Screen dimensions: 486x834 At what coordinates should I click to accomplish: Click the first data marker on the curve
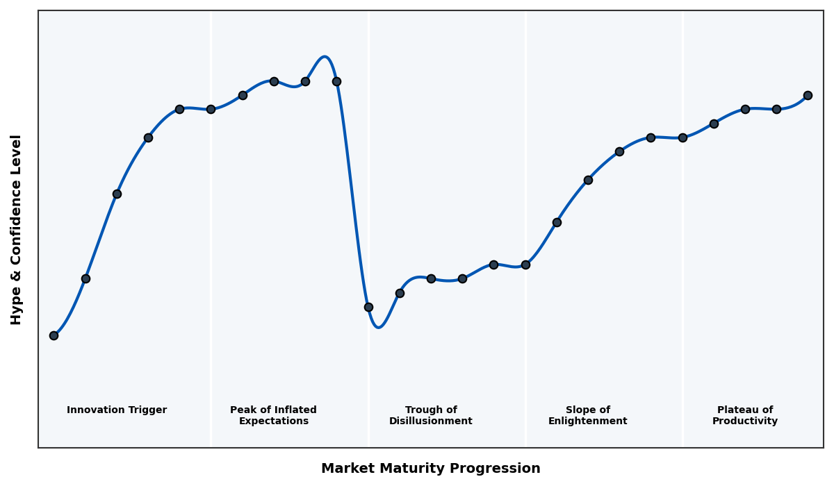click(54, 335)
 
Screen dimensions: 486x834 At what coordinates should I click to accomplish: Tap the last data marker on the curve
click(808, 95)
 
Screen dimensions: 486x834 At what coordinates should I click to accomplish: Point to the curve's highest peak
click(325, 57)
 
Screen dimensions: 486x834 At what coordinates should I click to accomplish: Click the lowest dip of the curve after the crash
click(378, 327)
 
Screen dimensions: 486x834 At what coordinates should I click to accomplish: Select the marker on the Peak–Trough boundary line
click(368, 307)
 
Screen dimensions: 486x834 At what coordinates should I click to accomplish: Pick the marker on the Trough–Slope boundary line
click(525, 265)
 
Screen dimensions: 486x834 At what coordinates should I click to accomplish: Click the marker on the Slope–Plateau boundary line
click(682, 137)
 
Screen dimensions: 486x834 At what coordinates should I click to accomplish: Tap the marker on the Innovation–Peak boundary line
click(211, 109)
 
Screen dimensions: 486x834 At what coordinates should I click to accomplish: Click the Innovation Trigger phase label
click(117, 410)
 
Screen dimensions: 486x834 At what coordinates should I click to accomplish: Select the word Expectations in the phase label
click(274, 421)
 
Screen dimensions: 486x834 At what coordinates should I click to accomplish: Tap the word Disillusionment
click(431, 421)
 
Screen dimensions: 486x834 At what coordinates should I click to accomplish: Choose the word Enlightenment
click(588, 421)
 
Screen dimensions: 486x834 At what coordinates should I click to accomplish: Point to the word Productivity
click(745, 421)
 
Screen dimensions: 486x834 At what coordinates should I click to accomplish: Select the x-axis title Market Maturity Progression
click(431, 469)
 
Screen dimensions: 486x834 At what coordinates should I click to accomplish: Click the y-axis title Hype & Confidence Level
click(17, 229)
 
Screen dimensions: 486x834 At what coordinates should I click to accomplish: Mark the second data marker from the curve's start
click(85, 278)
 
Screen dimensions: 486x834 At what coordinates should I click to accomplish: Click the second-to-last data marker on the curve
click(776, 109)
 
